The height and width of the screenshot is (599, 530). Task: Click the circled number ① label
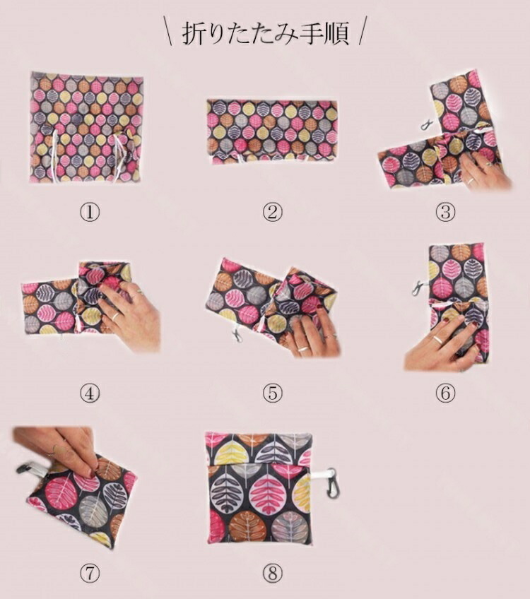tap(90, 212)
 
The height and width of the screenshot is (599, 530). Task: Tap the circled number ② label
tap(272, 212)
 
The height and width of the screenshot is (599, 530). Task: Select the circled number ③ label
tap(445, 212)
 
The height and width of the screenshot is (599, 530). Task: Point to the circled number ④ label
tap(90, 393)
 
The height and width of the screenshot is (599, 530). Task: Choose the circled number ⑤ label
tap(272, 393)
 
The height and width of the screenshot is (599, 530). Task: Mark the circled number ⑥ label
tap(445, 393)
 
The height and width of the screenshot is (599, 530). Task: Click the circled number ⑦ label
tap(90, 574)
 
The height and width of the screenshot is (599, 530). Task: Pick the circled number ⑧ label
tap(272, 574)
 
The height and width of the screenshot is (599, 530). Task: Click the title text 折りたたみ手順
tap(265, 34)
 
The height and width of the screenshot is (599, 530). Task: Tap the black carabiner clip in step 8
tap(331, 484)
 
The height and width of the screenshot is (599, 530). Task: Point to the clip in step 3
tap(425, 124)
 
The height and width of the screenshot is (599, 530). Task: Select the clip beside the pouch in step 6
tap(419, 288)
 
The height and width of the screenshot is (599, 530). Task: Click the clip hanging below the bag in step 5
tap(237, 335)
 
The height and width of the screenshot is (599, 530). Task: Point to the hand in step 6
tap(440, 345)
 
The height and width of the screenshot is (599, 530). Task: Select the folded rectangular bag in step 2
tap(272, 132)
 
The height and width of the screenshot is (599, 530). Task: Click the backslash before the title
tap(168, 30)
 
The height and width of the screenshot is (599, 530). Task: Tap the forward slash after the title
tap(362, 30)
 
